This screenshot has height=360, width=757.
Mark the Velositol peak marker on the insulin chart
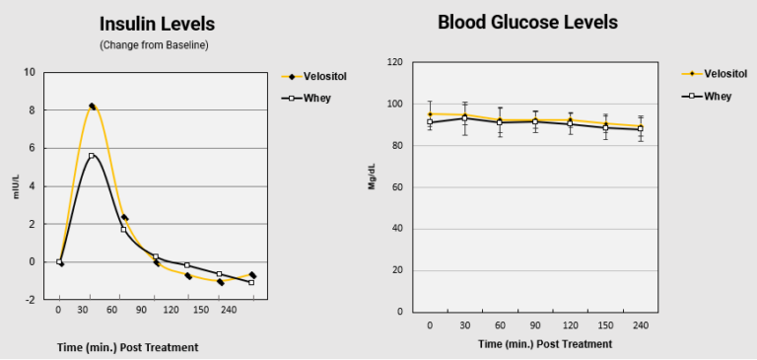click(x=92, y=107)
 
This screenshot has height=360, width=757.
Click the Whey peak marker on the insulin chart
click(x=92, y=156)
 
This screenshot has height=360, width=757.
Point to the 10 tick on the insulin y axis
click(x=31, y=72)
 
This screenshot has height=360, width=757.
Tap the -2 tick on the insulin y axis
click(x=30, y=299)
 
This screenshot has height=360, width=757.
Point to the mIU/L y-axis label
click(x=16, y=187)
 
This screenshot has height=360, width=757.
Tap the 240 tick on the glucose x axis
click(x=641, y=324)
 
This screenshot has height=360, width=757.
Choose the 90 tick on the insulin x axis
click(x=124, y=309)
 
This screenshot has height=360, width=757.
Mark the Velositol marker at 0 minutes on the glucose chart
click(x=430, y=114)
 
